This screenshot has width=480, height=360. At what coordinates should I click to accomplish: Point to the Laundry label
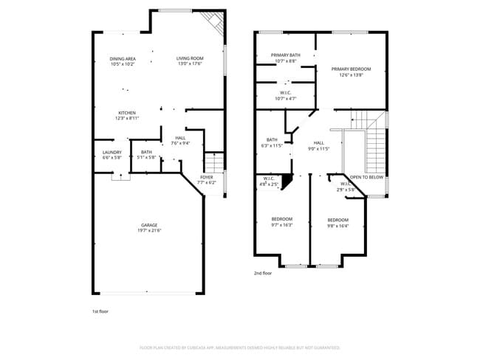pos(112,154)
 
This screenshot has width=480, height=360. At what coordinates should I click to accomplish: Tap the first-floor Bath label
pos(147,154)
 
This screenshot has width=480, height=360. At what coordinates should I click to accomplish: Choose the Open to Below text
pos(366,177)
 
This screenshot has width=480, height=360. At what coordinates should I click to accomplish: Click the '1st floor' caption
pos(100,311)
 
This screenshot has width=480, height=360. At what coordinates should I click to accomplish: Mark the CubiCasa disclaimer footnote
pos(239,347)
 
